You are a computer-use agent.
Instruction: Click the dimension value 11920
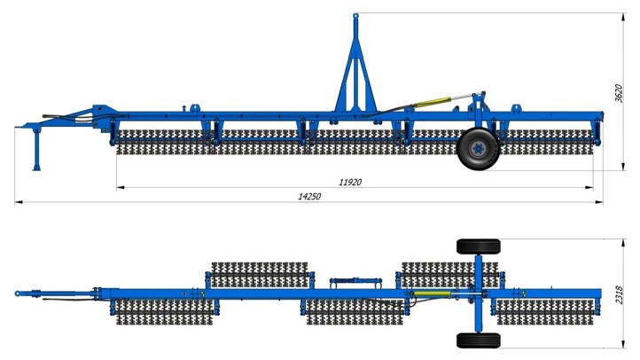point(350,182)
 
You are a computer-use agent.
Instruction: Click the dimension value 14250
point(309,196)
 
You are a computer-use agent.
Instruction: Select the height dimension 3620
point(619,93)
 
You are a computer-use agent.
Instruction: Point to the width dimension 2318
point(619,294)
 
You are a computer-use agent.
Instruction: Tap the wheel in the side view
point(479,149)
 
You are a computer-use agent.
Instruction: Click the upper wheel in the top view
point(479,247)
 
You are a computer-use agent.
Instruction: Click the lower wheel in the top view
point(479,340)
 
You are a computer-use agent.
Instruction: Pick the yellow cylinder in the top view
point(432,293)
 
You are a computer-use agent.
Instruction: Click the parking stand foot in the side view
point(36,168)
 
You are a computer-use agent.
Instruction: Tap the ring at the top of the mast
point(355,16)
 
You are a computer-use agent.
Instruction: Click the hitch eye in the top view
point(18,293)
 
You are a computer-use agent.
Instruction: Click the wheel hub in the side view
point(477,149)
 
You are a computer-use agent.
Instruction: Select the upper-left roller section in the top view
point(260,275)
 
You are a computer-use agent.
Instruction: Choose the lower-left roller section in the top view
point(165,312)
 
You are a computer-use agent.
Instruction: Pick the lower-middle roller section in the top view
point(355,312)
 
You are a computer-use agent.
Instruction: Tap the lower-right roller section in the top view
point(545,312)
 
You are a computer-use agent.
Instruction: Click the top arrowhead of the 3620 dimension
point(623,17)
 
